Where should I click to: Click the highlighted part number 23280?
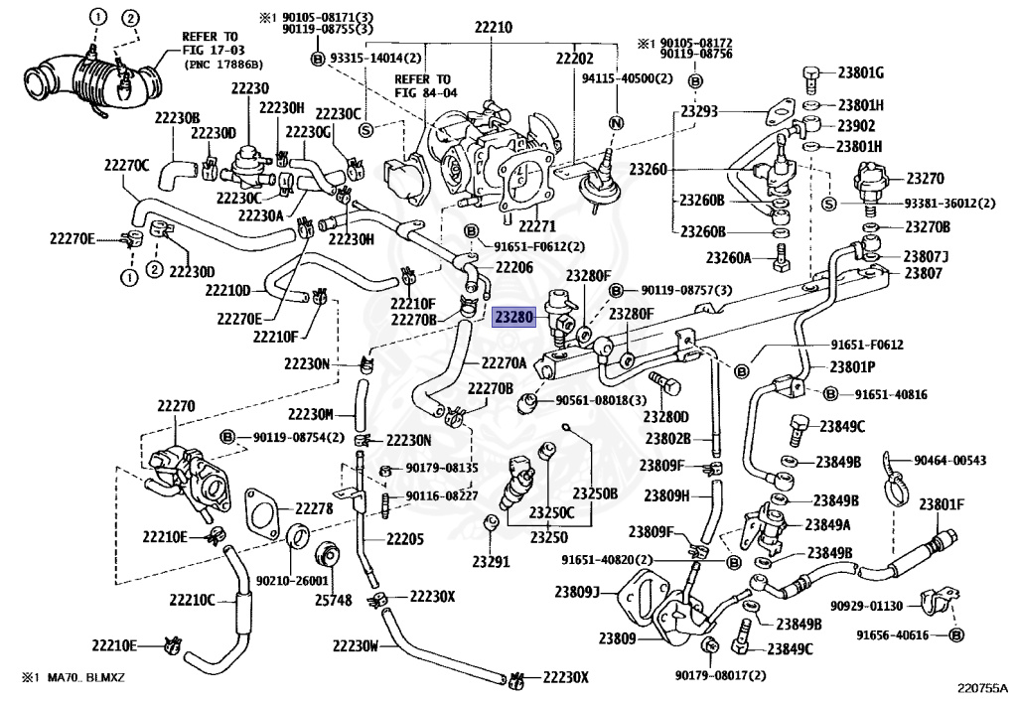pyautogui.click(x=515, y=317)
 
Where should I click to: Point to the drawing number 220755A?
pyautogui.click(x=981, y=686)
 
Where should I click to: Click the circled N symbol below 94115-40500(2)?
pyautogui.click(x=615, y=123)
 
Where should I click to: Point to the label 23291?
pyautogui.click(x=491, y=561)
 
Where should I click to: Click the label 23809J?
pyautogui.click(x=577, y=594)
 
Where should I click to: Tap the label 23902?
pyautogui.click(x=855, y=126)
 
